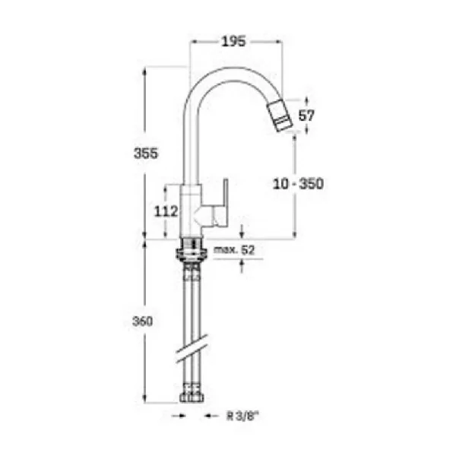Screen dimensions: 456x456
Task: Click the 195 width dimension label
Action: tap(233, 42)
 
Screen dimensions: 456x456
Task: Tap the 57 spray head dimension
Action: tap(307, 116)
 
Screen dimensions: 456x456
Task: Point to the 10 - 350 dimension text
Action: tap(299, 184)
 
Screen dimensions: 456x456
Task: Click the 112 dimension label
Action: tap(166, 211)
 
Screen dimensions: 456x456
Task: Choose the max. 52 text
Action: tap(233, 249)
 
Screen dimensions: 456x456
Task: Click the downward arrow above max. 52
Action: tap(242, 232)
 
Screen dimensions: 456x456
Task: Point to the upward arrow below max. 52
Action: tap(242, 265)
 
